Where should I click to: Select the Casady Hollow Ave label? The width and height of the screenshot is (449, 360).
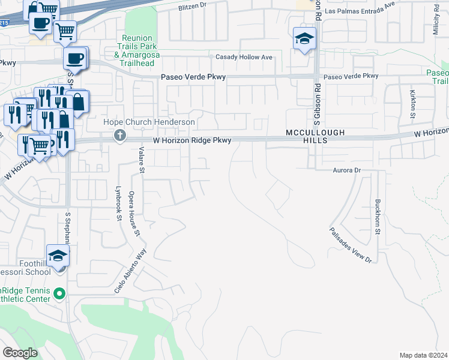(x=244, y=57)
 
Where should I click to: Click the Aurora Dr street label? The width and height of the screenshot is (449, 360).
(x=346, y=170)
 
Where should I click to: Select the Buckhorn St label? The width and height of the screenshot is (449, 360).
(x=378, y=217)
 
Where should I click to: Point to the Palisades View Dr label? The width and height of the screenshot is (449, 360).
(x=351, y=245)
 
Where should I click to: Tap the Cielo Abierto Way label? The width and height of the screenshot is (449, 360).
(x=131, y=271)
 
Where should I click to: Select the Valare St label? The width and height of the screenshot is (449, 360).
(x=142, y=160)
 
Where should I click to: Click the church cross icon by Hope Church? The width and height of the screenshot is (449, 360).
(x=120, y=136)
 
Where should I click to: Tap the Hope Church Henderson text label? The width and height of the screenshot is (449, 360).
(x=149, y=122)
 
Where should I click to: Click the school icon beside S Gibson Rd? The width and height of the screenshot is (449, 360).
(x=304, y=39)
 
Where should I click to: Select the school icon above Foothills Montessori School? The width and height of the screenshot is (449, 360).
(x=58, y=256)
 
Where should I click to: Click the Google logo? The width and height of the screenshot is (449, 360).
(x=20, y=352)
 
